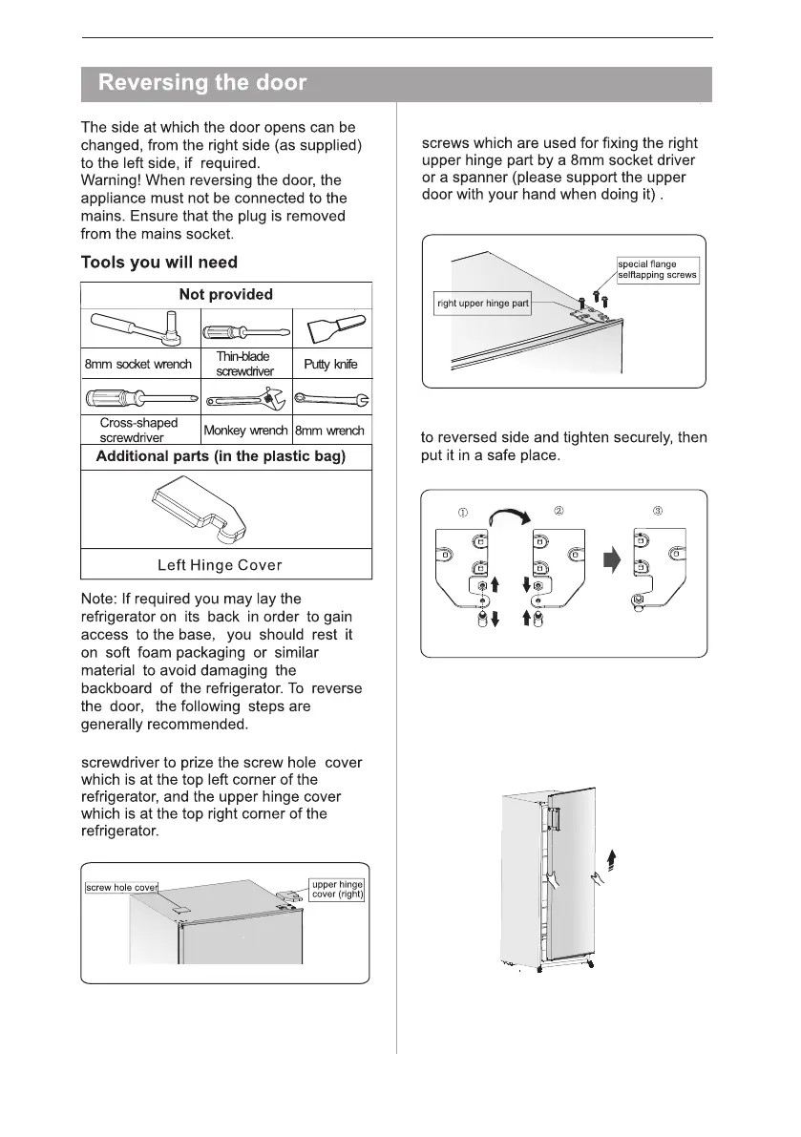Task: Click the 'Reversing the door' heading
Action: (202, 83)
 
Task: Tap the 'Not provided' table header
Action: (226, 295)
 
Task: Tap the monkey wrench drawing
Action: (244, 397)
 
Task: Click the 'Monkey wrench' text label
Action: (245, 431)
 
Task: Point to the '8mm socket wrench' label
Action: (139, 364)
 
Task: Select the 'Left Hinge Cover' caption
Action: (225, 565)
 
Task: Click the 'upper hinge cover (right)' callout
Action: (338, 888)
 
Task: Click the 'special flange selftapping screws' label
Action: (659, 269)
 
